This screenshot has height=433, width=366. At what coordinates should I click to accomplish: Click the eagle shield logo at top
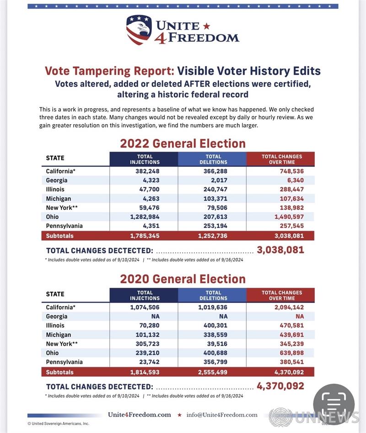click(x=139, y=30)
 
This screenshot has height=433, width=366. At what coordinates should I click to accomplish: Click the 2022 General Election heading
click(x=183, y=143)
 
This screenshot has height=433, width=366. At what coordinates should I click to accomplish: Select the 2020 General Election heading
click(x=183, y=279)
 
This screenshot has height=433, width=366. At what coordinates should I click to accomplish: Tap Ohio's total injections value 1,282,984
click(x=145, y=217)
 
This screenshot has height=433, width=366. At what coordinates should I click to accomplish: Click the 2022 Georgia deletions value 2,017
click(x=218, y=180)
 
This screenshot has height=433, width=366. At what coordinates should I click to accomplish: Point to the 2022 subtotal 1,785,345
click(x=145, y=236)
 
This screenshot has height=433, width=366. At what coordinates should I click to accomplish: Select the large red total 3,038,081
click(x=280, y=250)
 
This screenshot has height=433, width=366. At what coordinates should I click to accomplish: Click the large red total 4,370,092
click(x=280, y=386)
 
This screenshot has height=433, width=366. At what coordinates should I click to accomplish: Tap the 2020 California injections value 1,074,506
click(x=145, y=307)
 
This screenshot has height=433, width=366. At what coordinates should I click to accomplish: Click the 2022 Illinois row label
click(x=55, y=190)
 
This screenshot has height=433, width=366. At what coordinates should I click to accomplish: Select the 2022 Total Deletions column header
click(x=213, y=159)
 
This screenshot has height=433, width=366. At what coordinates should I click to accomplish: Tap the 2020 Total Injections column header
click(x=145, y=296)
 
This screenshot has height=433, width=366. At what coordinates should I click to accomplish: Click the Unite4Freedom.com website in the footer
click(x=140, y=415)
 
